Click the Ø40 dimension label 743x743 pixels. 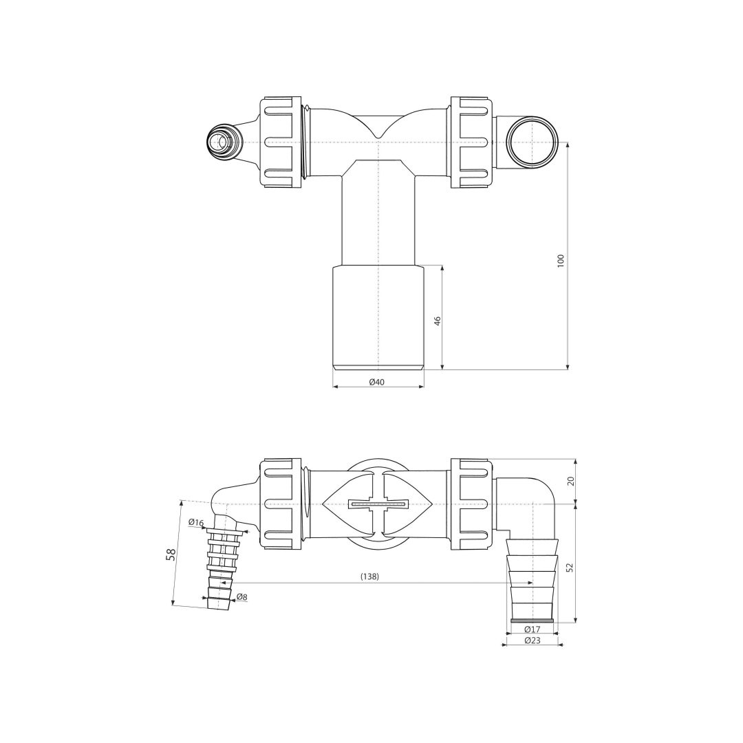click(377, 382)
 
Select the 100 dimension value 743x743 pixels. click(561, 261)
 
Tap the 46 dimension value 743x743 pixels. click(438, 321)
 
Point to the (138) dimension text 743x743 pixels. click(369, 577)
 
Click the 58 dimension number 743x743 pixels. click(171, 554)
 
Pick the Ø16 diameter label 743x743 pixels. click(195, 523)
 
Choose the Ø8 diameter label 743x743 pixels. click(241, 597)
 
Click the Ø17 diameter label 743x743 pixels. click(532, 629)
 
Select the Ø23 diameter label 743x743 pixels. click(532, 640)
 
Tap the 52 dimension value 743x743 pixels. click(570, 567)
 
